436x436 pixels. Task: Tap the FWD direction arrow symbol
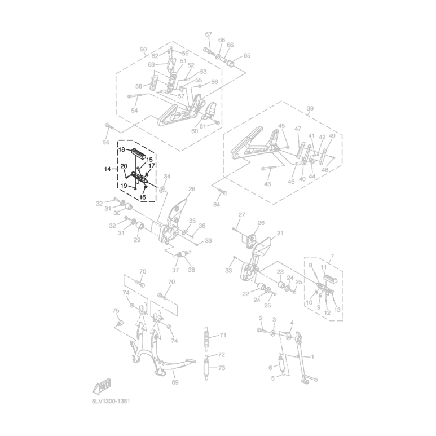click(102, 387)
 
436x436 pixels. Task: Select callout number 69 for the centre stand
click(174, 382)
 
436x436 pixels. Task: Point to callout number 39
click(310, 108)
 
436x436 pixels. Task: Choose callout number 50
click(143, 49)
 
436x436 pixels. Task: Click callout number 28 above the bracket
click(192, 189)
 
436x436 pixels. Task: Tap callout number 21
click(280, 233)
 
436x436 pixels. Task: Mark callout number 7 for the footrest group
click(331, 257)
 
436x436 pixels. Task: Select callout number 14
click(108, 169)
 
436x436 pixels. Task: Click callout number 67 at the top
click(208, 34)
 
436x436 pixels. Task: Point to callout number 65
click(246, 55)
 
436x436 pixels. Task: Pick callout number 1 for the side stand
click(313, 356)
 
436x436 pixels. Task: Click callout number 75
click(116, 311)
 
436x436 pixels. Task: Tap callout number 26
click(261, 223)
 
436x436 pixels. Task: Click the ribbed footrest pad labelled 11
click(329, 279)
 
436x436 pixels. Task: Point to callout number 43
click(267, 184)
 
